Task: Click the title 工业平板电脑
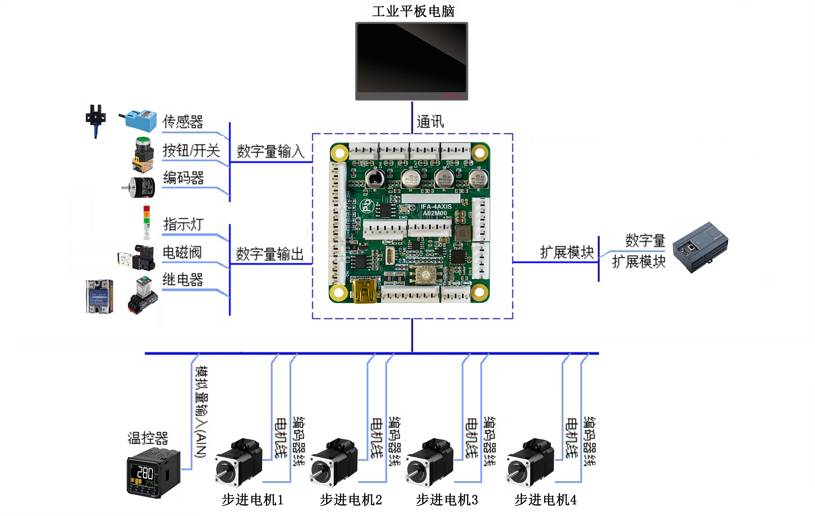413,11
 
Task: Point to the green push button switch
143,154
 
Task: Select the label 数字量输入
270,151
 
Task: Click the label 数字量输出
270,254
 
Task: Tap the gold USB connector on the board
364,291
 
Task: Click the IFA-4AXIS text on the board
436,206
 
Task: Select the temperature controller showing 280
153,473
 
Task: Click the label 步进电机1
252,500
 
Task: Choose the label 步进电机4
545,500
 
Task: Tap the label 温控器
148,438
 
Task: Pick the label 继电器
183,280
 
